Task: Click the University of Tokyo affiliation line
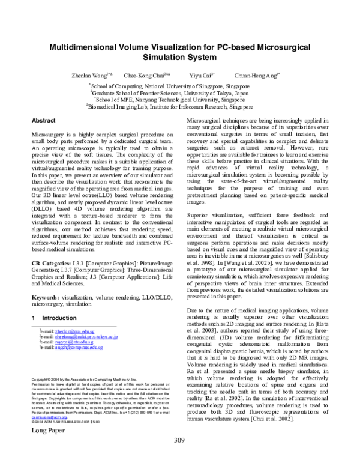click(181, 93)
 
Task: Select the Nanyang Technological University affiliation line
click(181, 101)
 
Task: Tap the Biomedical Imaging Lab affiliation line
click(181, 109)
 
